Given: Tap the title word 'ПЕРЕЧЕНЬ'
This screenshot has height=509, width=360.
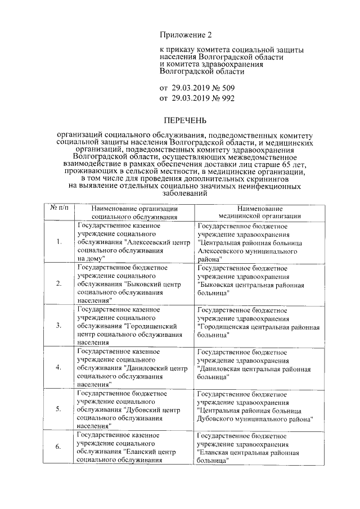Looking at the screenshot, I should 185,120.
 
